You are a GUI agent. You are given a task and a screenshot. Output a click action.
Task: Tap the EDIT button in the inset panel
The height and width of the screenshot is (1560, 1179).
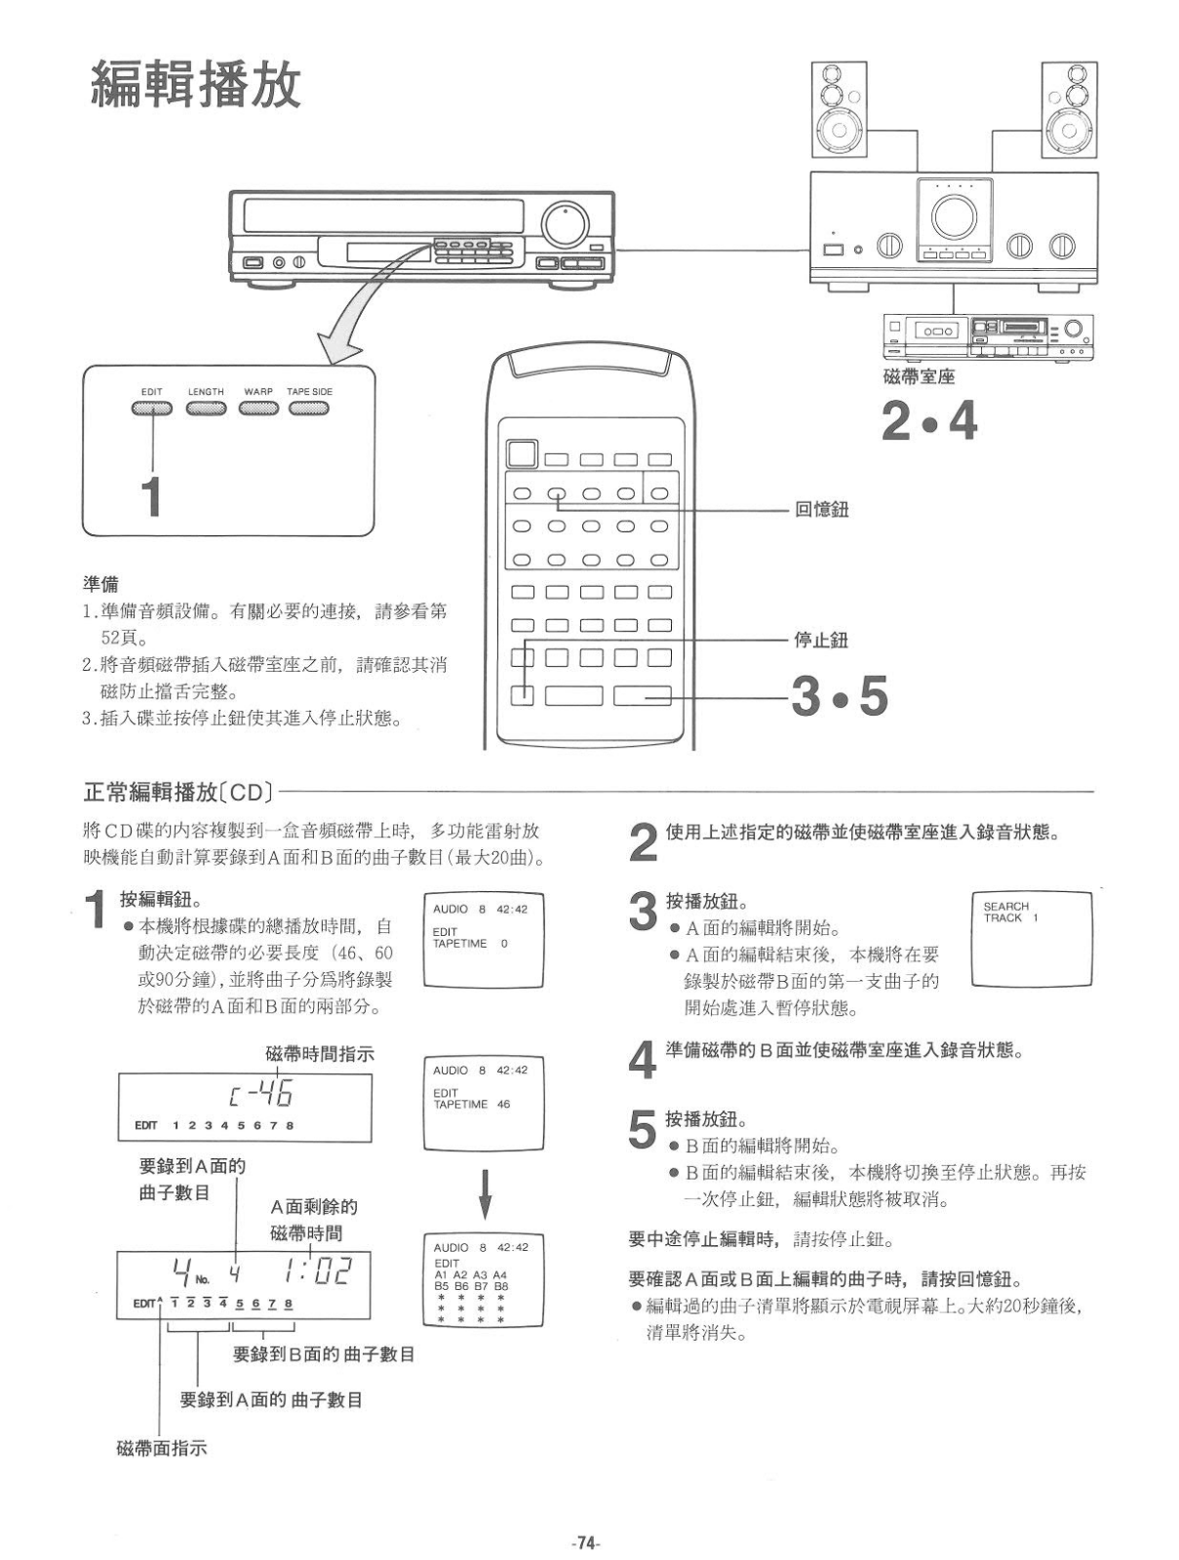pyautogui.click(x=152, y=408)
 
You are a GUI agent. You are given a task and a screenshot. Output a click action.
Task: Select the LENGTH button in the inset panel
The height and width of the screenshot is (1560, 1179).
pyautogui.click(x=206, y=408)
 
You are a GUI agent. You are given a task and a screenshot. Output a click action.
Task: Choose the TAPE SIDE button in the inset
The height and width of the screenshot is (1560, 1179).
pyautogui.click(x=308, y=408)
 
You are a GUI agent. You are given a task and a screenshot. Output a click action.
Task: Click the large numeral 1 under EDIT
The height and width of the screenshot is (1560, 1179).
pyautogui.click(x=151, y=496)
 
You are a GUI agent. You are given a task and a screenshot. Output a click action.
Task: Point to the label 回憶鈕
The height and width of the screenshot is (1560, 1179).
pyautogui.click(x=821, y=509)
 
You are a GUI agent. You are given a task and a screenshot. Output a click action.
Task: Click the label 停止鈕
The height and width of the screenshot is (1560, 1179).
pyautogui.click(x=821, y=640)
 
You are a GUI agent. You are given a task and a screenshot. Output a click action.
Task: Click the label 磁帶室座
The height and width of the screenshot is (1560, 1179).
pyautogui.click(x=918, y=376)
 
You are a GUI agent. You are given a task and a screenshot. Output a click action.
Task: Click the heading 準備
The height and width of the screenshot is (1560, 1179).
pyautogui.click(x=99, y=584)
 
